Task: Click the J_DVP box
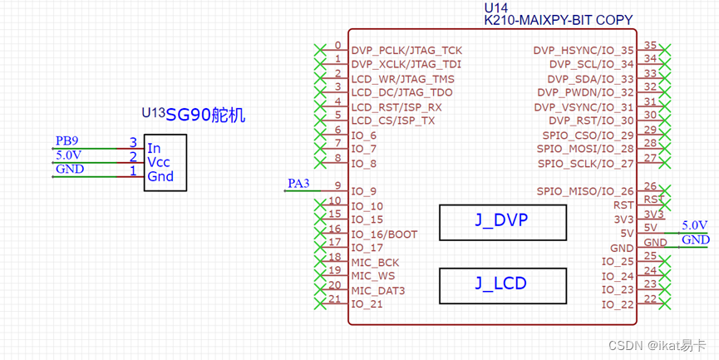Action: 502,220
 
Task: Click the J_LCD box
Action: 502,284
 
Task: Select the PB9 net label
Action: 66,141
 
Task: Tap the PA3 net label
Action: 298,183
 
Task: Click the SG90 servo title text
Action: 205,116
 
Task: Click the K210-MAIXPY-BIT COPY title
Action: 558,20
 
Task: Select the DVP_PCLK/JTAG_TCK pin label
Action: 406,51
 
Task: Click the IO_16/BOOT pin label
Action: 384,234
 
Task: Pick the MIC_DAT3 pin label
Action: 378,290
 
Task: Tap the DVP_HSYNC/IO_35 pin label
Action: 584,51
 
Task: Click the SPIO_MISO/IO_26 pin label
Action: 585,191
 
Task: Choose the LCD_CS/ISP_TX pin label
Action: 392,121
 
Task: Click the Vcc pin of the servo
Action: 159,162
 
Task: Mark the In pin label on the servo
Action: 154,148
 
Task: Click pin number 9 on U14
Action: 337,185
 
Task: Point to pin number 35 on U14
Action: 651,45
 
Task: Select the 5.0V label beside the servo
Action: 68,155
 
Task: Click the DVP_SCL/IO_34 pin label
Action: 591,65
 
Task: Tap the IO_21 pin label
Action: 367,304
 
